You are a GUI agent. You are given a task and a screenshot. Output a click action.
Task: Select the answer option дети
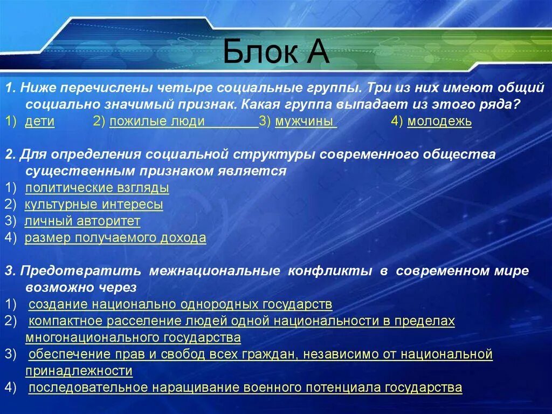pos(40,121)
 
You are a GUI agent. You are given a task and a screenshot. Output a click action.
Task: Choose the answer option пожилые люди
pos(157,121)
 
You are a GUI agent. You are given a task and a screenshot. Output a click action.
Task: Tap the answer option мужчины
pos(304,121)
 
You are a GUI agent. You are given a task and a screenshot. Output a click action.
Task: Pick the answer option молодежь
pos(439,121)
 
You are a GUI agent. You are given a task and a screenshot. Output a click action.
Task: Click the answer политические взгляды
pos(97,188)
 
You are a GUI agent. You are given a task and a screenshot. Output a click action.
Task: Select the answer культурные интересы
pos(94,205)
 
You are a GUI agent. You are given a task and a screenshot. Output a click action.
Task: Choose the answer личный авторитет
pos(82,221)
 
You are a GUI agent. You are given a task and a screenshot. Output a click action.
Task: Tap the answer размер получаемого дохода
pos(115,237)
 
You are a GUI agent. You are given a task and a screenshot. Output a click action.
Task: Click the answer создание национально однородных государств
pos(180,304)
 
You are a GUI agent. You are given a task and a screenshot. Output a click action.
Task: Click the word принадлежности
pos(79,371)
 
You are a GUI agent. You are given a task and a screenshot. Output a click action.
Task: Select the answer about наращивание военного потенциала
pos(245,388)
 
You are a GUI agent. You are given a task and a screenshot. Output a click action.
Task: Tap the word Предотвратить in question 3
pos(81,271)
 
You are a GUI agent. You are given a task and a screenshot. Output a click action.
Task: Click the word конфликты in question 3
pos(330,271)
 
